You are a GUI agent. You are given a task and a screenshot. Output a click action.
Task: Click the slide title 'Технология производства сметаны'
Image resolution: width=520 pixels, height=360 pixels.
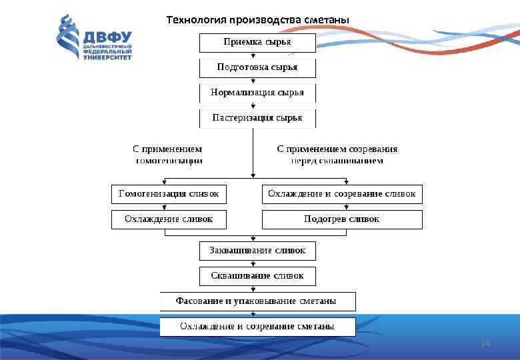257,19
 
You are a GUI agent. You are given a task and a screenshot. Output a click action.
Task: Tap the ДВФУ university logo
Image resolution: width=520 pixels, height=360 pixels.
94,38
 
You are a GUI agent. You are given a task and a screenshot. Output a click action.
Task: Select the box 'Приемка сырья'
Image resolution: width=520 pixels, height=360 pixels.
257,43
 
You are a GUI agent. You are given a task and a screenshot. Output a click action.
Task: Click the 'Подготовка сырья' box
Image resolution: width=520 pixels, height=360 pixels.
257,68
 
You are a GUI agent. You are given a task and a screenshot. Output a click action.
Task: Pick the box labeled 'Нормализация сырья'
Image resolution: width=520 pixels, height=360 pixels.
257,93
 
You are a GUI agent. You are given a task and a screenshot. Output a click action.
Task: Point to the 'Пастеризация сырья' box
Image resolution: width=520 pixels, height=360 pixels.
257,118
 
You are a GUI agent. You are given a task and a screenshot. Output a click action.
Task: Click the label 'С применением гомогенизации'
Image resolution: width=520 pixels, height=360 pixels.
168,155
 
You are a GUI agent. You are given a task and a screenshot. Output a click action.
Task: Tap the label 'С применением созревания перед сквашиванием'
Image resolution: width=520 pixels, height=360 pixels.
337,155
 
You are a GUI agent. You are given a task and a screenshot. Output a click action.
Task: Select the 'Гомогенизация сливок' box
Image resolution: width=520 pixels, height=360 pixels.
169,194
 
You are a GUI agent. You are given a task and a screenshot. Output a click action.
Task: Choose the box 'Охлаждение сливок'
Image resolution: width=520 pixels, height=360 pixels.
169,219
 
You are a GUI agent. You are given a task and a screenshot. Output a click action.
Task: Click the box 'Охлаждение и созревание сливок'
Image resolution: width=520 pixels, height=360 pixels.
342,194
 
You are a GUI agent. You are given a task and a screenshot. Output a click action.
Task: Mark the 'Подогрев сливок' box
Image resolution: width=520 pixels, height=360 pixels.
342,219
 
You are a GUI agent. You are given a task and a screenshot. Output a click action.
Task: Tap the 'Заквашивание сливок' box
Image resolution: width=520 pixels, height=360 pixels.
257,251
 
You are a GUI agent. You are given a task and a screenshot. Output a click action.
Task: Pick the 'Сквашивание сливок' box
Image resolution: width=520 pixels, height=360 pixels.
257,275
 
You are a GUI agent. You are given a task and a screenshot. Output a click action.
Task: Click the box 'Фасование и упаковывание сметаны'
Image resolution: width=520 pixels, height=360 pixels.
257,301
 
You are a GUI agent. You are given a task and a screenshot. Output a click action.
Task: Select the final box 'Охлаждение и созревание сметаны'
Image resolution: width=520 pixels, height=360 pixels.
257,327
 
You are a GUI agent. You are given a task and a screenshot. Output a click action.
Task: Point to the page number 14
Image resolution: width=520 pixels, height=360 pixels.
485,343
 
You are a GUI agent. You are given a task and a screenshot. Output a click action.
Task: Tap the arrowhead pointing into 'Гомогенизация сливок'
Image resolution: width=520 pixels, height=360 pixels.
165,182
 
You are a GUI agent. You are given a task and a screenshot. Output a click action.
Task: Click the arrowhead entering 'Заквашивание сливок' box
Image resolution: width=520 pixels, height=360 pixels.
252,239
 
